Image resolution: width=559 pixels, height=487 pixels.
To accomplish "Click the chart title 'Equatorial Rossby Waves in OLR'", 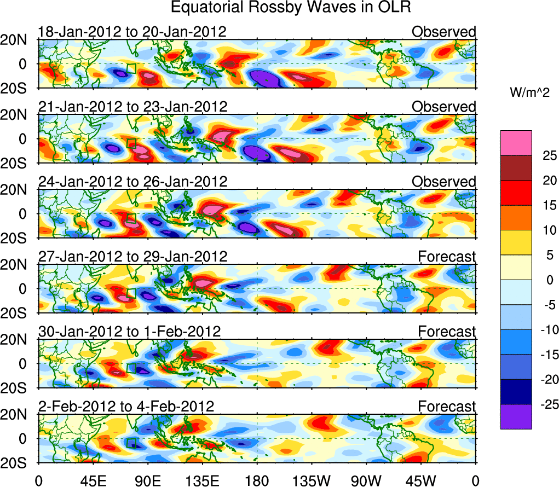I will (x=290, y=8).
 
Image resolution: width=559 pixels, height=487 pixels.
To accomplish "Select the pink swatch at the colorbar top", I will (x=515, y=143).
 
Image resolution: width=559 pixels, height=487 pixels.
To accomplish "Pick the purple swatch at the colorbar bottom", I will (x=515, y=416).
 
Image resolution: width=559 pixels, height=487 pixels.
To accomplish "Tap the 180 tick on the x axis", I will (x=257, y=480).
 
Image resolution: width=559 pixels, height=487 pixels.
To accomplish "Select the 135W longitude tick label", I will (x=312, y=480).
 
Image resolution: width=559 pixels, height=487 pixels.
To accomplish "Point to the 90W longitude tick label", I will (x=366, y=480).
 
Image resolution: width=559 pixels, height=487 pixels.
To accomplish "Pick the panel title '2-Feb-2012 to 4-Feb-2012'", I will (x=126, y=406).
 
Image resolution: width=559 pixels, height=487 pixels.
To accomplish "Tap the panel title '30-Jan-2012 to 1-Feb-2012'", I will (x=129, y=331).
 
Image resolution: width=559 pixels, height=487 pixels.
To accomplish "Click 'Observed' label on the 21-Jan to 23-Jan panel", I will (x=443, y=107).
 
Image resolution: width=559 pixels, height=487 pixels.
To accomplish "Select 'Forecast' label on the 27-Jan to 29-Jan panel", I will (x=447, y=256).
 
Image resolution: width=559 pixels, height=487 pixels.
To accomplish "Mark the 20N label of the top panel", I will (x=18, y=40).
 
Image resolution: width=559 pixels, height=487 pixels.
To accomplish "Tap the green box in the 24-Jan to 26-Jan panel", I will (x=131, y=218).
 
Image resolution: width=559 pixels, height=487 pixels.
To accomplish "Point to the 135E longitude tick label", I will (x=202, y=480).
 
